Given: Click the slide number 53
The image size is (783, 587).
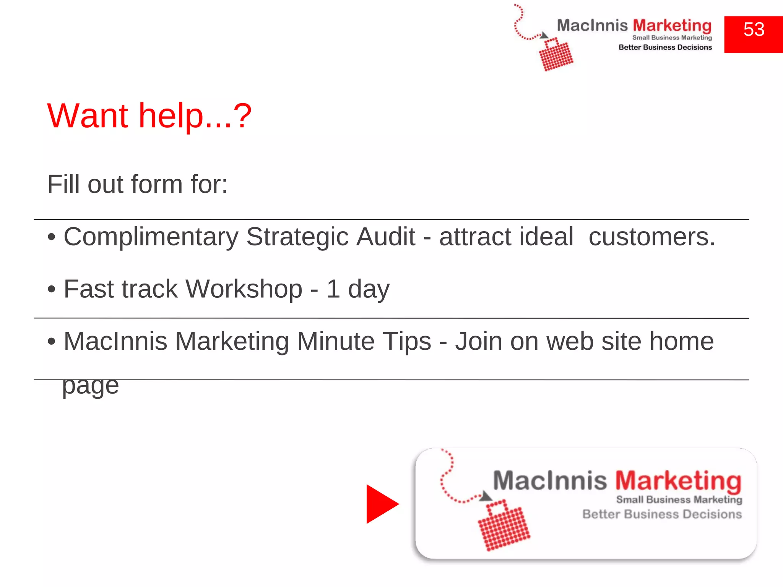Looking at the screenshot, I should coord(754,30).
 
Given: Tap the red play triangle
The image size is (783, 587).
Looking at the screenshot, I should coord(380,504).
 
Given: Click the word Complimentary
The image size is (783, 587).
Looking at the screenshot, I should coord(151,237).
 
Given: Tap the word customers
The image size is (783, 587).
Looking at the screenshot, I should coord(651,237).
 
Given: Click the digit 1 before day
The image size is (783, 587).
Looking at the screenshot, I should coord(333,289).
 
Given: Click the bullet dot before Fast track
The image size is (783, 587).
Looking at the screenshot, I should coord(52,289).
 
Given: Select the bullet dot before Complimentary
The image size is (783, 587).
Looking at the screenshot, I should coord(52,237).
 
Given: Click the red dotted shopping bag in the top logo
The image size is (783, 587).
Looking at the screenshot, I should coord(556,55).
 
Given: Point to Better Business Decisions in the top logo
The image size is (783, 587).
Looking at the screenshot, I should coord(665,47).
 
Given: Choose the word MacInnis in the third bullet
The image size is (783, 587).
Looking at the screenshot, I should coord(115,341).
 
